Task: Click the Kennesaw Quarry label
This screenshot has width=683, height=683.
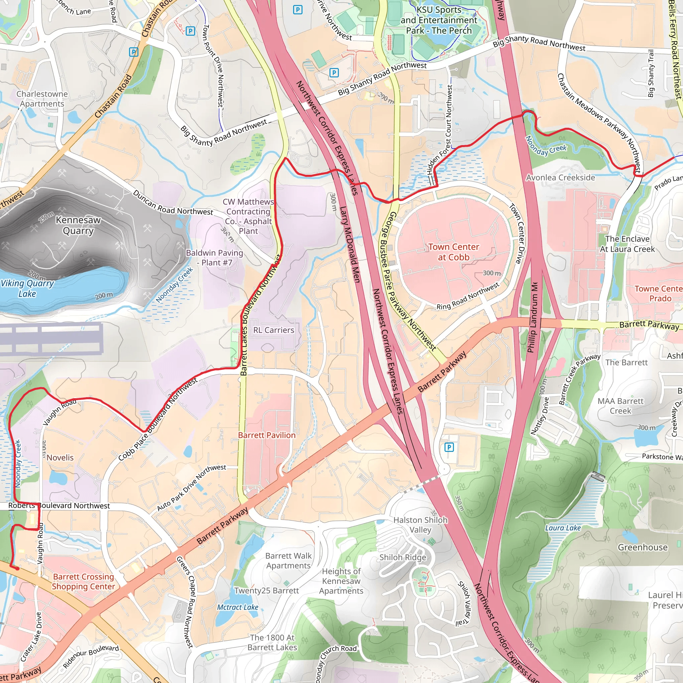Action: pos(78,225)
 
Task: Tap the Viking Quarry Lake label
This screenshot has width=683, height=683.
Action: pos(27,288)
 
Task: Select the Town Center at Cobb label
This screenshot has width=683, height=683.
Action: pos(454,252)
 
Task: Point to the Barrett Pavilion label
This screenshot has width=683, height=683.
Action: pos(266,435)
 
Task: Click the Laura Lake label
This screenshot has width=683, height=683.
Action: pos(563,528)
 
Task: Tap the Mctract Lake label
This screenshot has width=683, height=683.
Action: pos(237,607)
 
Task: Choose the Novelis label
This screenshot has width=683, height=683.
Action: pos(60,458)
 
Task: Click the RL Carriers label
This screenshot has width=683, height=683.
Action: pos(273,330)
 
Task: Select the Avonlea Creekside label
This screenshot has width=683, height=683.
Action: pos(560,177)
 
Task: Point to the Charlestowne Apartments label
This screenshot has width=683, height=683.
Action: pos(42,99)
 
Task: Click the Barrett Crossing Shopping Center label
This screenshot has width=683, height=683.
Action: pos(83,582)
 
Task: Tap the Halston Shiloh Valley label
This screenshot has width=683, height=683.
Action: pos(420,525)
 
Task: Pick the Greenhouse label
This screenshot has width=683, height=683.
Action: pos(642,547)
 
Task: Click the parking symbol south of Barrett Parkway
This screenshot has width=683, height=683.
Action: pos(449,447)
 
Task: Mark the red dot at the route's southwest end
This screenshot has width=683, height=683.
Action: pos(17,569)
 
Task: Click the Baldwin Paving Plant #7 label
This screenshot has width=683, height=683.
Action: pos(214,257)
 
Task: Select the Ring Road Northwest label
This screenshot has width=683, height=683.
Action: pos(468,296)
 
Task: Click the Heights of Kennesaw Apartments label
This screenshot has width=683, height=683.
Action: pos(341,581)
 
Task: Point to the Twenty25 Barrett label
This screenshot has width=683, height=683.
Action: pos(266,590)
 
